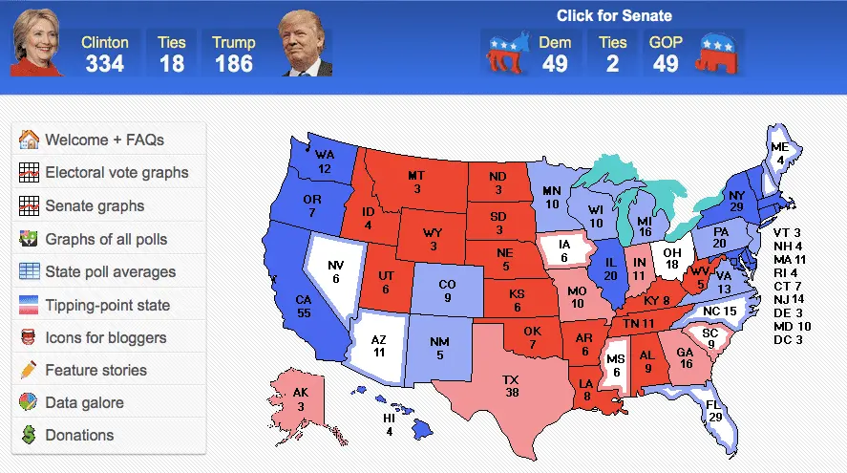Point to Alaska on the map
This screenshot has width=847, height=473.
[300, 397]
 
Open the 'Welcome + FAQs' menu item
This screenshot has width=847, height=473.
[105, 140]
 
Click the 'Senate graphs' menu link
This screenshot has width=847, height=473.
[95, 205]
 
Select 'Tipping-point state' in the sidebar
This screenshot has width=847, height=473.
[107, 306]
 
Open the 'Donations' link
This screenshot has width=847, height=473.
[79, 435]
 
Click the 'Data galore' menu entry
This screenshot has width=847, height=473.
[84, 402]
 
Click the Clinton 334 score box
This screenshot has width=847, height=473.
[105, 54]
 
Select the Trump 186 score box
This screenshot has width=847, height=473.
[234, 54]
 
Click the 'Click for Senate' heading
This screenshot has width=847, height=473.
[614, 16]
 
